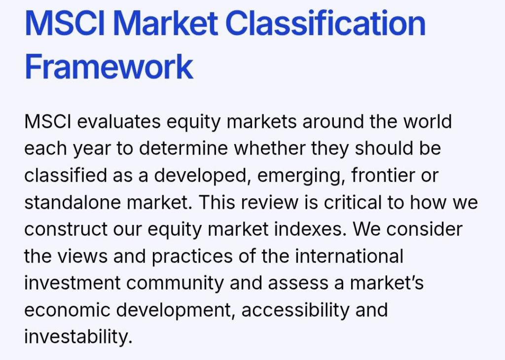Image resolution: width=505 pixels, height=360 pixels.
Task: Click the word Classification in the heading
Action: (325, 24)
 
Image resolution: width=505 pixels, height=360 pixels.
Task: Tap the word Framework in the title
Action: (109, 67)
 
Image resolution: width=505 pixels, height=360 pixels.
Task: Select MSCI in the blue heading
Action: (65, 23)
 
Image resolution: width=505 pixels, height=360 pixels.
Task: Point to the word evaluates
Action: (119, 122)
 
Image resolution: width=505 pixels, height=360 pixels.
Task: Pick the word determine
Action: (183, 148)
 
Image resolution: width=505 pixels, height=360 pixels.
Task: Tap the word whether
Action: (270, 148)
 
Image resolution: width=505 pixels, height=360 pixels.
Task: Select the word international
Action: (349, 256)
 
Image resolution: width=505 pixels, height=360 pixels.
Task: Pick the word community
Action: (175, 284)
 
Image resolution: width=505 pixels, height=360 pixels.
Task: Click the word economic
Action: (67, 310)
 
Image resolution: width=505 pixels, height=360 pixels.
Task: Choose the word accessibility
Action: (295, 310)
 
